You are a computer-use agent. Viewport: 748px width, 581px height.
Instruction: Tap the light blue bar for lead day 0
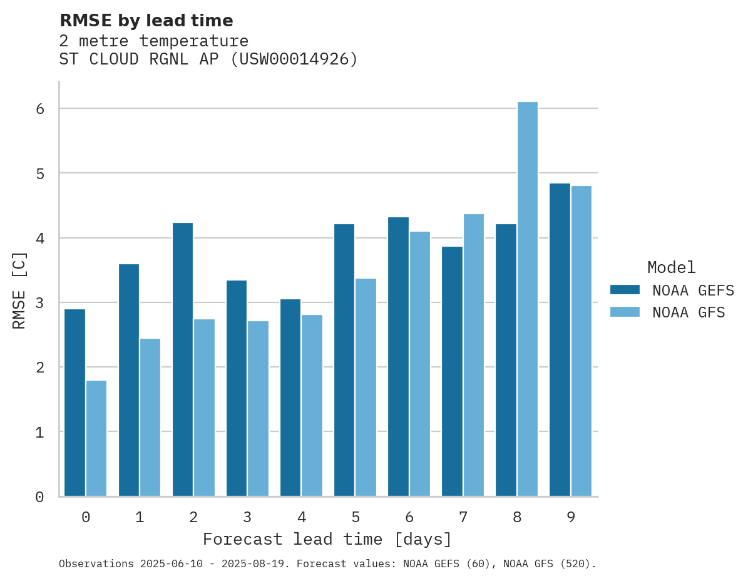pos(96,438)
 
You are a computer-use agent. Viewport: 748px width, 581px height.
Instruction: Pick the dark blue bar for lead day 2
pos(183,359)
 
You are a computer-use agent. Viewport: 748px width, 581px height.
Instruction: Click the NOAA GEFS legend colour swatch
pos(625,290)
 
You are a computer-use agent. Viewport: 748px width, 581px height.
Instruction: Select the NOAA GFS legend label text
pos(689,312)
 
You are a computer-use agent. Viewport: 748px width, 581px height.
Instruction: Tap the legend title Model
pos(672,268)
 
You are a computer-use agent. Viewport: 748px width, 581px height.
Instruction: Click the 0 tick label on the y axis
pos(39,497)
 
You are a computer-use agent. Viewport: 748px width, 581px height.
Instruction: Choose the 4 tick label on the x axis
pos(302,518)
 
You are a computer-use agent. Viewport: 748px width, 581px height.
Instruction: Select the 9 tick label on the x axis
pos(571,518)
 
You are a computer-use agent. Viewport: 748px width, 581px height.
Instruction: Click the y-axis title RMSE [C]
pos(20,290)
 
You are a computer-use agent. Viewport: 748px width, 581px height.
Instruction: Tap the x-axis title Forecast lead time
pos(327,540)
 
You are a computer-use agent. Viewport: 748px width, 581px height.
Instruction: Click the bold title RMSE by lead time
pos(146,21)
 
